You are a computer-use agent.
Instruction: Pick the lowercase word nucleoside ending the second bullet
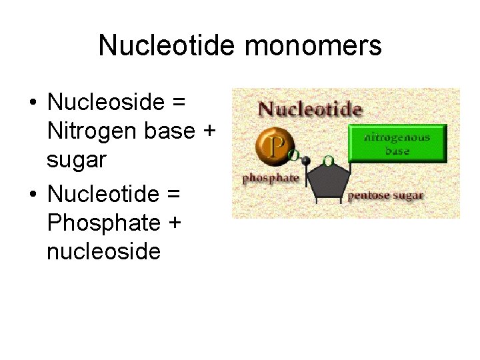point(104,251)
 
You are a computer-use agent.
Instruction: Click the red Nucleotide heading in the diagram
point(310,109)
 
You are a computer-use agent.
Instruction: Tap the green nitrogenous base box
point(397,143)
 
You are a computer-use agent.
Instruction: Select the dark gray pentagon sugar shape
point(328,180)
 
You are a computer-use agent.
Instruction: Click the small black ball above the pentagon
point(306,161)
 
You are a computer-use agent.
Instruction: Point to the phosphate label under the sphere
point(271,179)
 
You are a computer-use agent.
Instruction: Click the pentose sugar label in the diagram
point(385,195)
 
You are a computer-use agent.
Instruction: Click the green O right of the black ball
point(328,161)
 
